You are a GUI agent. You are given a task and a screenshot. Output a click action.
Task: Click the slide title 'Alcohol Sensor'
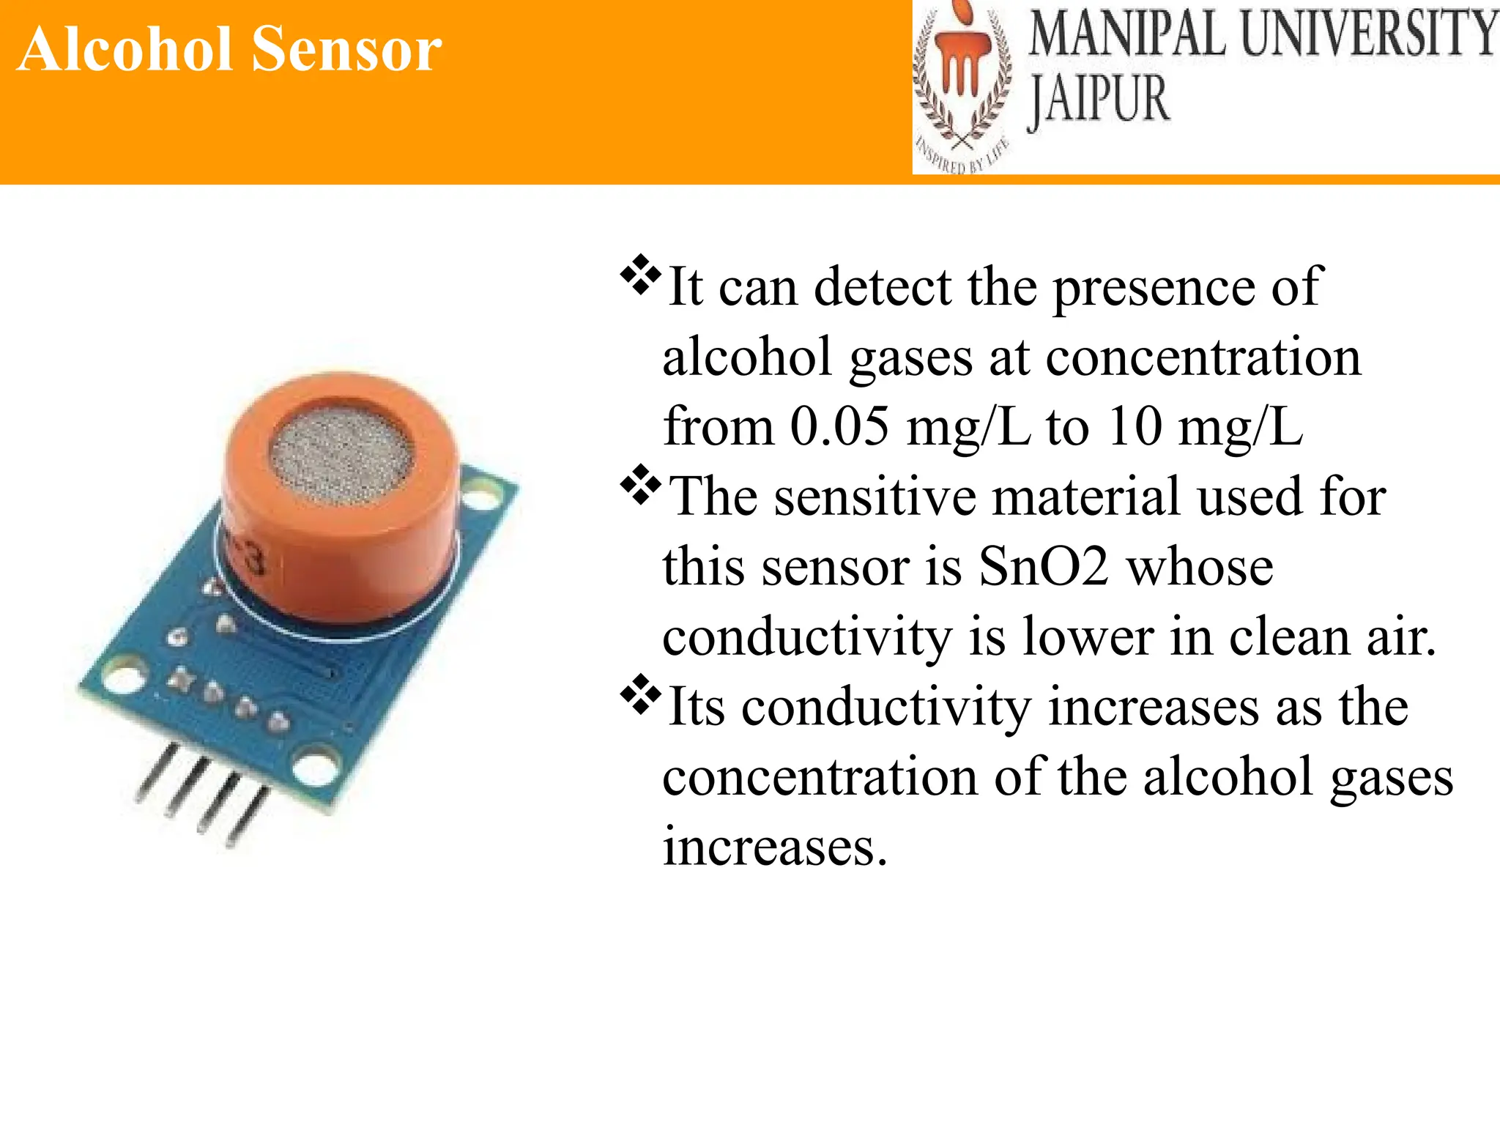tap(230, 49)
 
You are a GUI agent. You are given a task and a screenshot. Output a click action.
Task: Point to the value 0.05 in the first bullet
tap(839, 426)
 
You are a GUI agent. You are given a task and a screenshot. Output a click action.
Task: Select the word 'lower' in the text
tap(1088, 636)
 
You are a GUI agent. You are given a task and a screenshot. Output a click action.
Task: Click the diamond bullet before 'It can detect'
tap(640, 275)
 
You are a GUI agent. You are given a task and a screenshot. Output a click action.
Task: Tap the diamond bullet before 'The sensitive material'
tap(640, 485)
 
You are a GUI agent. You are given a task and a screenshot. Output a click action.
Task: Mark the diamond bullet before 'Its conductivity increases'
tap(640, 695)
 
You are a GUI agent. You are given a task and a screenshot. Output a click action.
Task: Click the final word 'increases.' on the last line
tap(775, 847)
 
